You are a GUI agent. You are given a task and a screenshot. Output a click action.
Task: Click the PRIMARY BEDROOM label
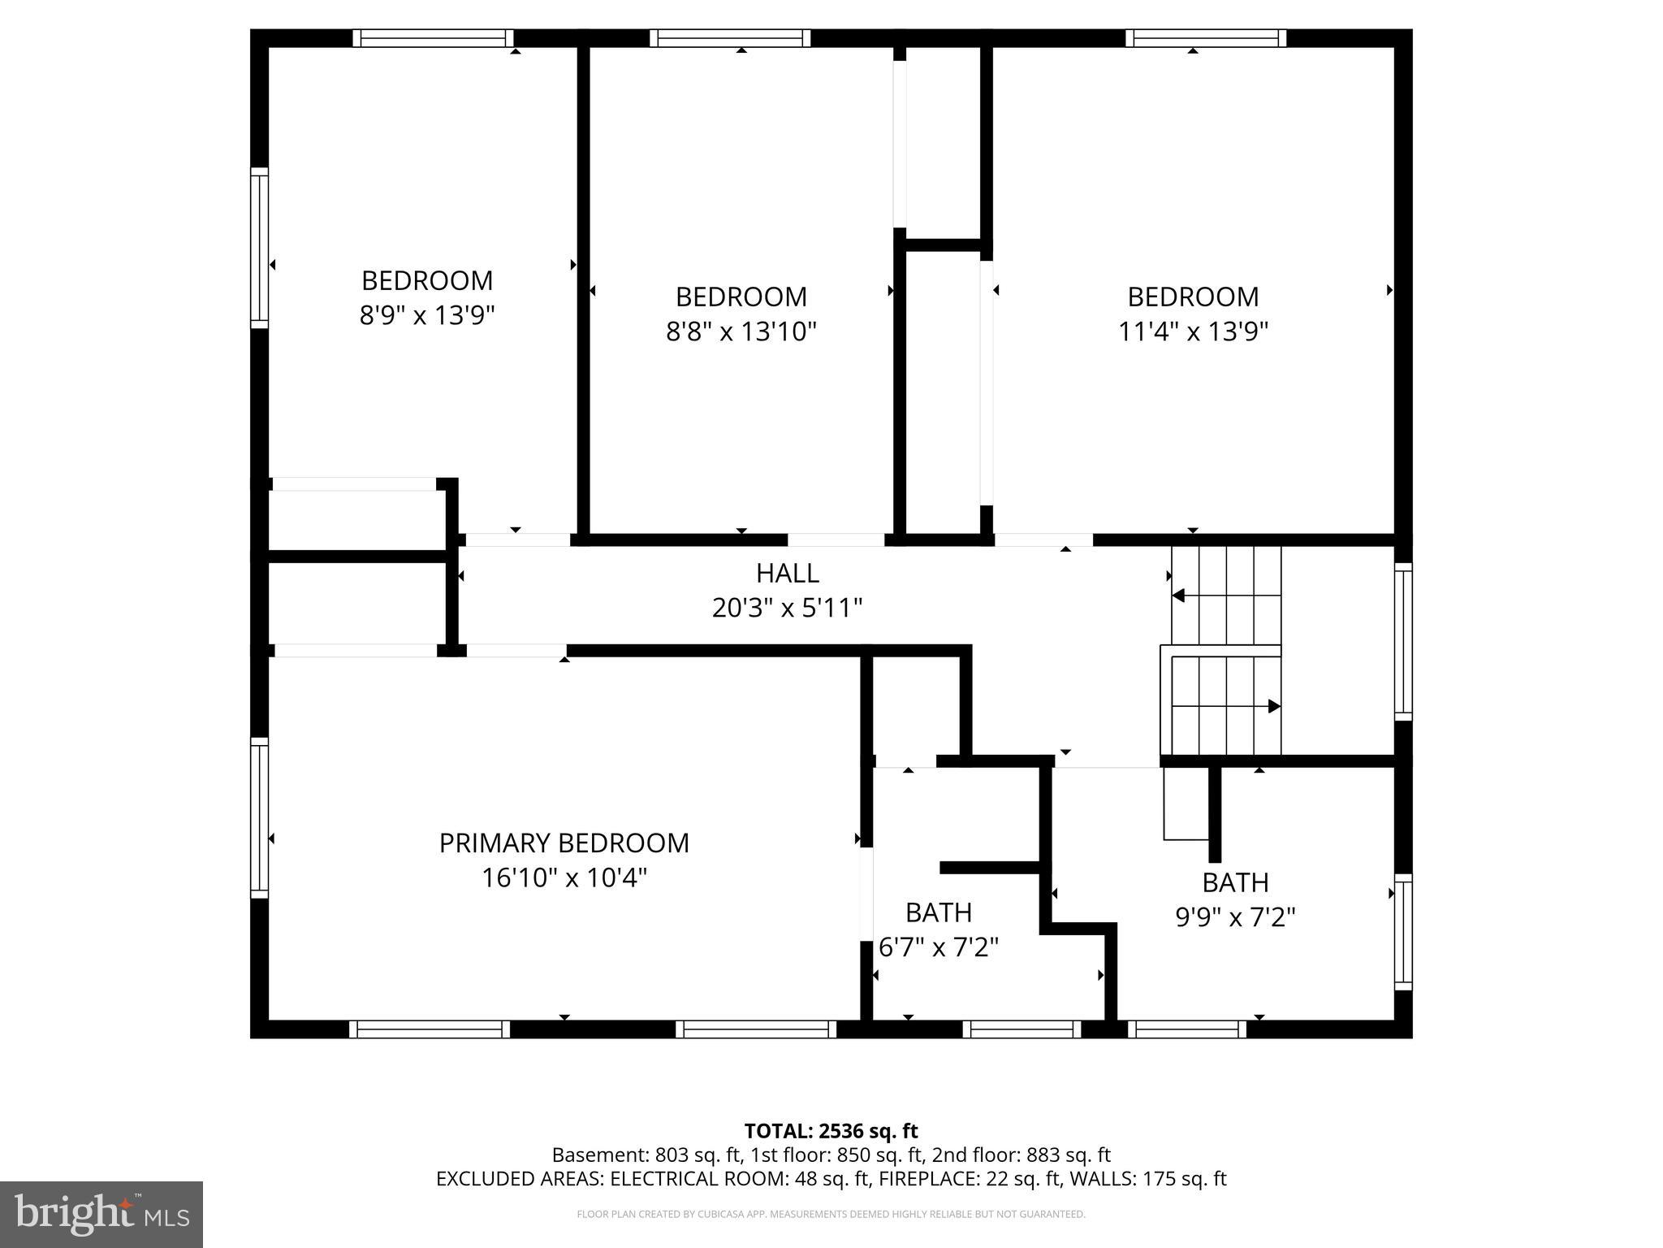click(564, 843)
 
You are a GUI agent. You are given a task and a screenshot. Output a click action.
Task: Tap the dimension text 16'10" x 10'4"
click(564, 878)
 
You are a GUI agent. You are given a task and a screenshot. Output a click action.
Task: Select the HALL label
click(787, 573)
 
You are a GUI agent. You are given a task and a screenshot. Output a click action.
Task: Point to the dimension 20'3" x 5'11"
click(787, 608)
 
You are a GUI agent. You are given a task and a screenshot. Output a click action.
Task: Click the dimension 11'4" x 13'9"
click(1193, 331)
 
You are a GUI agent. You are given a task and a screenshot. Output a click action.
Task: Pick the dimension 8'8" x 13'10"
click(741, 331)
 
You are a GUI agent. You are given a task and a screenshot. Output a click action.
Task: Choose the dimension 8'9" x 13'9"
click(427, 315)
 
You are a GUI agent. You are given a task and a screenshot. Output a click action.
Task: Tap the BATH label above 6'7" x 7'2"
click(938, 912)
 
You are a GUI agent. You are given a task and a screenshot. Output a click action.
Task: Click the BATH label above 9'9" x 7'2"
click(1235, 882)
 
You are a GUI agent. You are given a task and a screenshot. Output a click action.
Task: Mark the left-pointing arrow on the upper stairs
click(1179, 596)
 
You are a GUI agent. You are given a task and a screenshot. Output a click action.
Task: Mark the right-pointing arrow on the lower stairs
click(1273, 706)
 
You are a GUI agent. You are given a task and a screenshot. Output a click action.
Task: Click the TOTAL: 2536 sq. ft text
click(831, 1131)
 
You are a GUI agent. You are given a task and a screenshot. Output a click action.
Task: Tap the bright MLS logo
click(102, 1215)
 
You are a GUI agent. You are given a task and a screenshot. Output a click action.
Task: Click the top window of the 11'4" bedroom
click(1206, 38)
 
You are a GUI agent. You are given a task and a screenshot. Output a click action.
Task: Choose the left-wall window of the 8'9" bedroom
click(259, 248)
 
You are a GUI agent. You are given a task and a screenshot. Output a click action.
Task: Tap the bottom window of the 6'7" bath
click(1022, 1029)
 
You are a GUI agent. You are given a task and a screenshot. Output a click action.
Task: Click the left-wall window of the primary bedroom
click(259, 817)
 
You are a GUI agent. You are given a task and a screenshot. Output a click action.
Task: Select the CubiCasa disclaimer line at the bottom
click(831, 1215)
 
